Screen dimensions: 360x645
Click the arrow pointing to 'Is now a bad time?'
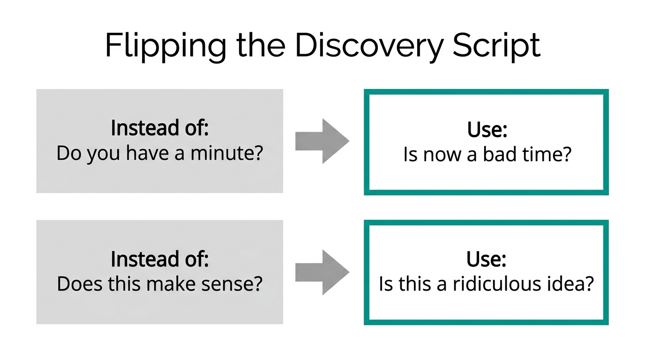coord(322,141)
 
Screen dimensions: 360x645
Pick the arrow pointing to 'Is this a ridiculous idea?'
coord(322,272)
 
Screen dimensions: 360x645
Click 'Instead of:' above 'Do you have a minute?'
coord(159,128)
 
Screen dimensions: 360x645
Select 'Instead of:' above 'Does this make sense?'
coord(159,259)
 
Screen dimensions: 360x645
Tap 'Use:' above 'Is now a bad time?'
coord(487,130)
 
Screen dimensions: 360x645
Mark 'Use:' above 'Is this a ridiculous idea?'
coord(487,259)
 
